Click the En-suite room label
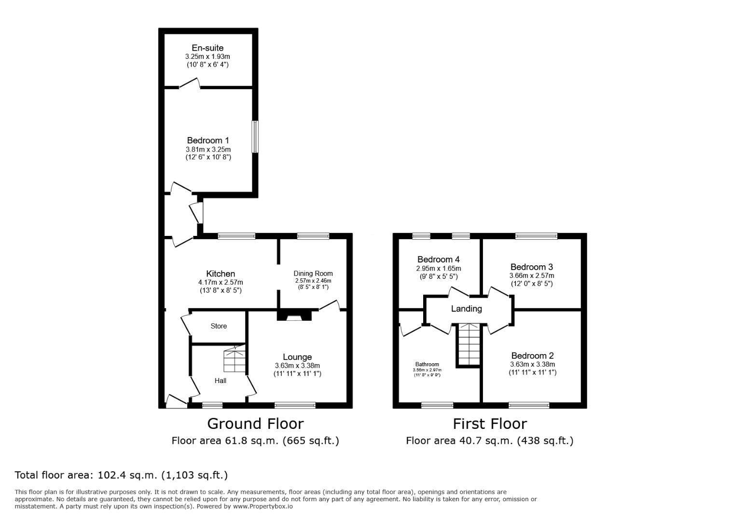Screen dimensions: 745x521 point(207,48)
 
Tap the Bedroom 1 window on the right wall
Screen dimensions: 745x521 point(255,137)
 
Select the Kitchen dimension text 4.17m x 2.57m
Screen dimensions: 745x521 point(221,282)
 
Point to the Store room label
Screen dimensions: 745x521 point(219,326)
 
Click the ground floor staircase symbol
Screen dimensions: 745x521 point(235,358)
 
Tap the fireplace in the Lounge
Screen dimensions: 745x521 point(294,315)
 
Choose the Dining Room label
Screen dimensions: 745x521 point(313,274)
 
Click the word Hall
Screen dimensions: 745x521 point(221,381)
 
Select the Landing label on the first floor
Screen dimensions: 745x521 point(466,309)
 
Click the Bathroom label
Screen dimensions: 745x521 point(427,364)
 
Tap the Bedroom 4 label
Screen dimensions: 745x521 point(438,260)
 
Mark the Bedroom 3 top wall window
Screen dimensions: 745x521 point(536,236)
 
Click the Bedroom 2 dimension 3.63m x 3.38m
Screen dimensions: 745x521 point(532,364)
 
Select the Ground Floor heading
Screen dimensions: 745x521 point(255,424)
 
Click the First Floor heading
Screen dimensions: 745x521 point(490,424)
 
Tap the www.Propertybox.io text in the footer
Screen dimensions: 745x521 point(263,507)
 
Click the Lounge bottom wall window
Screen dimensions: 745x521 point(295,405)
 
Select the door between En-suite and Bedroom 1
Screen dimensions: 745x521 point(190,83)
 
